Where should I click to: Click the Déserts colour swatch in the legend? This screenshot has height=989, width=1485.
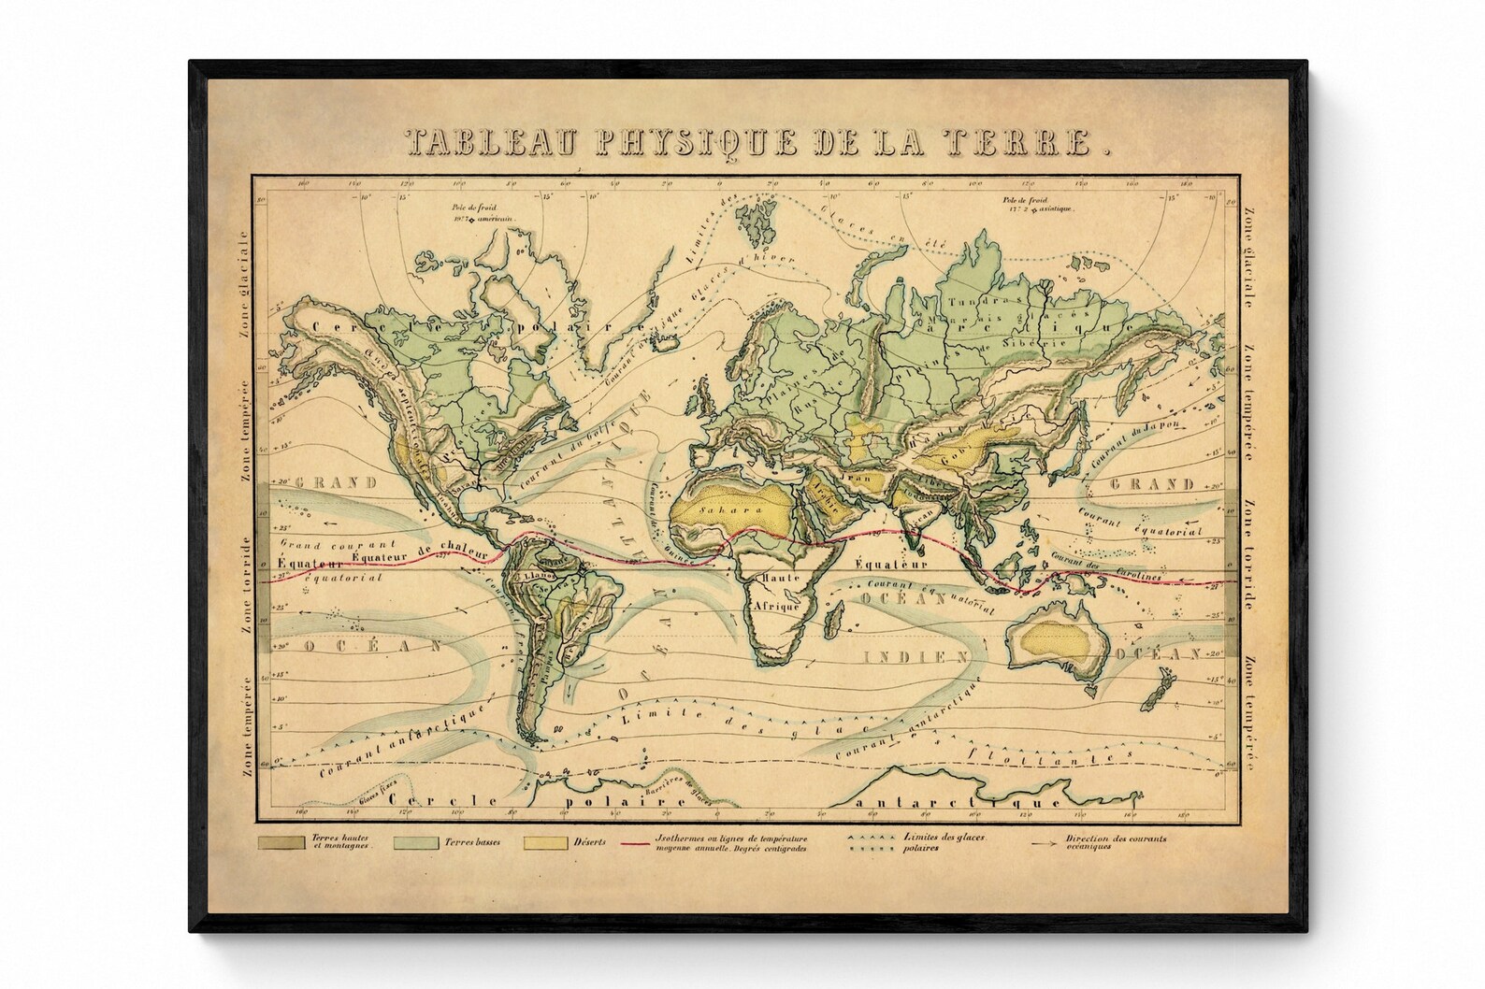pyautogui.click(x=546, y=843)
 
